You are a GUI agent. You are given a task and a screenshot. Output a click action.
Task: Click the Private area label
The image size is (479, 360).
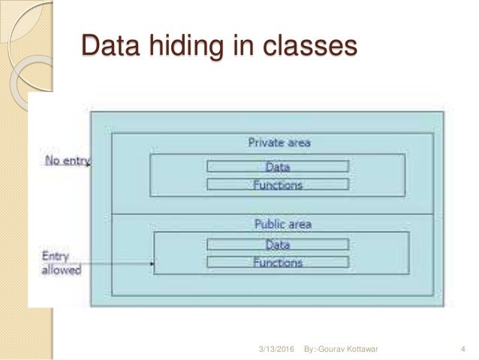point(279,142)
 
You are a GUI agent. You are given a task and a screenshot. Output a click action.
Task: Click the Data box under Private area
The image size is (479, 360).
point(278,167)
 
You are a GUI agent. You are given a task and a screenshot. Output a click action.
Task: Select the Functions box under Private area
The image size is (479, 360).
point(278,183)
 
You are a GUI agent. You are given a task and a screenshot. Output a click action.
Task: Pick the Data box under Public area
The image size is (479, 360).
point(278,245)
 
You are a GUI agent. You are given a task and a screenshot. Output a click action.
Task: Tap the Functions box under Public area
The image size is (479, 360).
point(278,262)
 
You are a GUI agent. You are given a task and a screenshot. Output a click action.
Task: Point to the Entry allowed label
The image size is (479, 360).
point(61,263)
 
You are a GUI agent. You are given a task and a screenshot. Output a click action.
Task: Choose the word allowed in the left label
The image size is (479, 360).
point(61,270)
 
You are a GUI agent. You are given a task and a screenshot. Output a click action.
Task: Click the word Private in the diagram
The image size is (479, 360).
point(264,142)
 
